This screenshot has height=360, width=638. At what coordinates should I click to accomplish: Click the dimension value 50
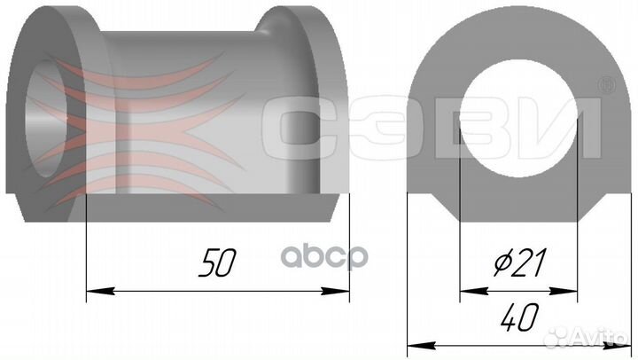point(217,262)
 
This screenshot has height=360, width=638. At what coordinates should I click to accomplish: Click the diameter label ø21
point(519,262)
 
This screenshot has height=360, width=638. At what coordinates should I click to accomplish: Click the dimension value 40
point(519,317)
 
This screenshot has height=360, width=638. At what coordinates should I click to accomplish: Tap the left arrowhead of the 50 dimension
point(100,291)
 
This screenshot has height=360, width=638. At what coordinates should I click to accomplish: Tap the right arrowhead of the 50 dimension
point(335,291)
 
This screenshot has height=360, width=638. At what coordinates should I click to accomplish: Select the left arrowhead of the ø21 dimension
point(474,291)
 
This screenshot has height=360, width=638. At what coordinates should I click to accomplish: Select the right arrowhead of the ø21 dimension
point(564,291)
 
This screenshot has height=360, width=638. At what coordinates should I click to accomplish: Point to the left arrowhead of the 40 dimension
point(422,346)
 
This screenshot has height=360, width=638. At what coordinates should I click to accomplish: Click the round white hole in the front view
point(518,119)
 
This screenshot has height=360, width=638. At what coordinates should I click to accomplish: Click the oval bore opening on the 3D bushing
point(45,118)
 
